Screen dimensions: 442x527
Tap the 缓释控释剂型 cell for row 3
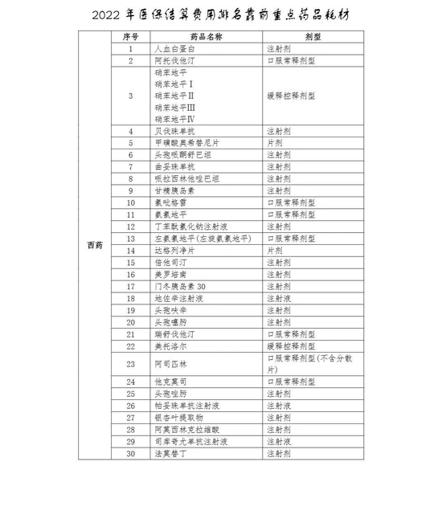pyautogui.click(x=291, y=95)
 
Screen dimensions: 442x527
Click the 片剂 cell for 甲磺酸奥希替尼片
pyautogui.click(x=275, y=143)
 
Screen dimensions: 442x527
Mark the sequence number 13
pyautogui.click(x=130, y=239)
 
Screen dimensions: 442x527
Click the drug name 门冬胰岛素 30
pyautogui.click(x=179, y=286)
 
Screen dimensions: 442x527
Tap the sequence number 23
pyautogui.click(x=130, y=363)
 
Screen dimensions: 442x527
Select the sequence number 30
pyautogui.click(x=130, y=454)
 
